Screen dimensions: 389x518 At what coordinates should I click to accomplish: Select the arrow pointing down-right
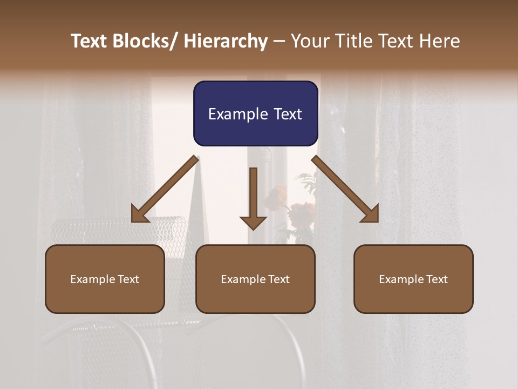click(x=345, y=190)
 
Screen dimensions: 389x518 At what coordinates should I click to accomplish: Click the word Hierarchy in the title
click(x=226, y=42)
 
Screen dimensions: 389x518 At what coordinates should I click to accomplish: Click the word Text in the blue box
click(x=288, y=115)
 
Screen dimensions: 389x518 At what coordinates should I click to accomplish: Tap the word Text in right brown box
click(x=437, y=279)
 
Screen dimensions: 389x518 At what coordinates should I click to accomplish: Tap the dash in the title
click(x=279, y=42)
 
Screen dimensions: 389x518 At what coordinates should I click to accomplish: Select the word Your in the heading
click(x=309, y=42)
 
